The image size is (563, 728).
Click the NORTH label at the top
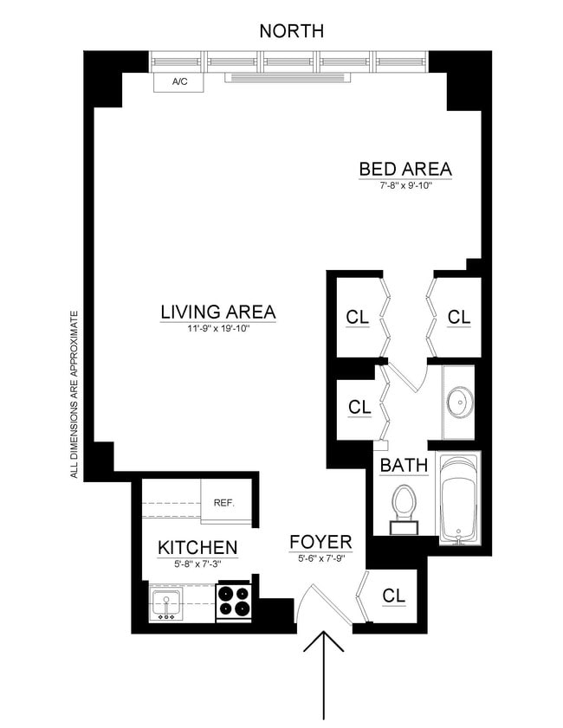click(292, 31)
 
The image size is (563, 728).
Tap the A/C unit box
click(179, 82)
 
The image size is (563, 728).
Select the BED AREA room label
click(405, 169)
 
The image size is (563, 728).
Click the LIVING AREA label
click(217, 312)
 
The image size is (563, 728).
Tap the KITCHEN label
click(197, 547)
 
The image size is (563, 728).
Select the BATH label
click(404, 466)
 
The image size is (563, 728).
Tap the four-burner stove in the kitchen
click(233, 601)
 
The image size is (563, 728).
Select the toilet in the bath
click(404, 505)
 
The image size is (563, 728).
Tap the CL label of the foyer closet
click(394, 596)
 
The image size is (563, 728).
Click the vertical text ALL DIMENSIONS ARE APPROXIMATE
click(75, 394)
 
